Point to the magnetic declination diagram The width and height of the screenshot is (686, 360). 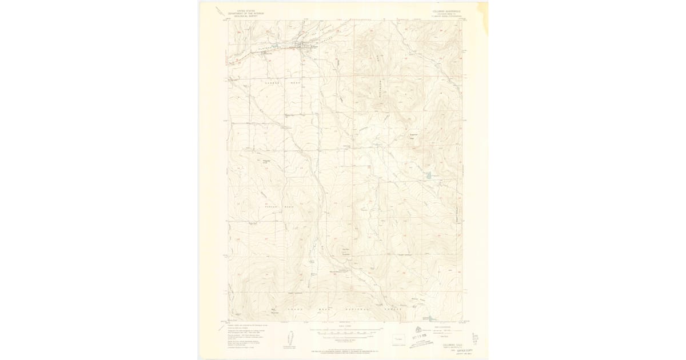288,338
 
